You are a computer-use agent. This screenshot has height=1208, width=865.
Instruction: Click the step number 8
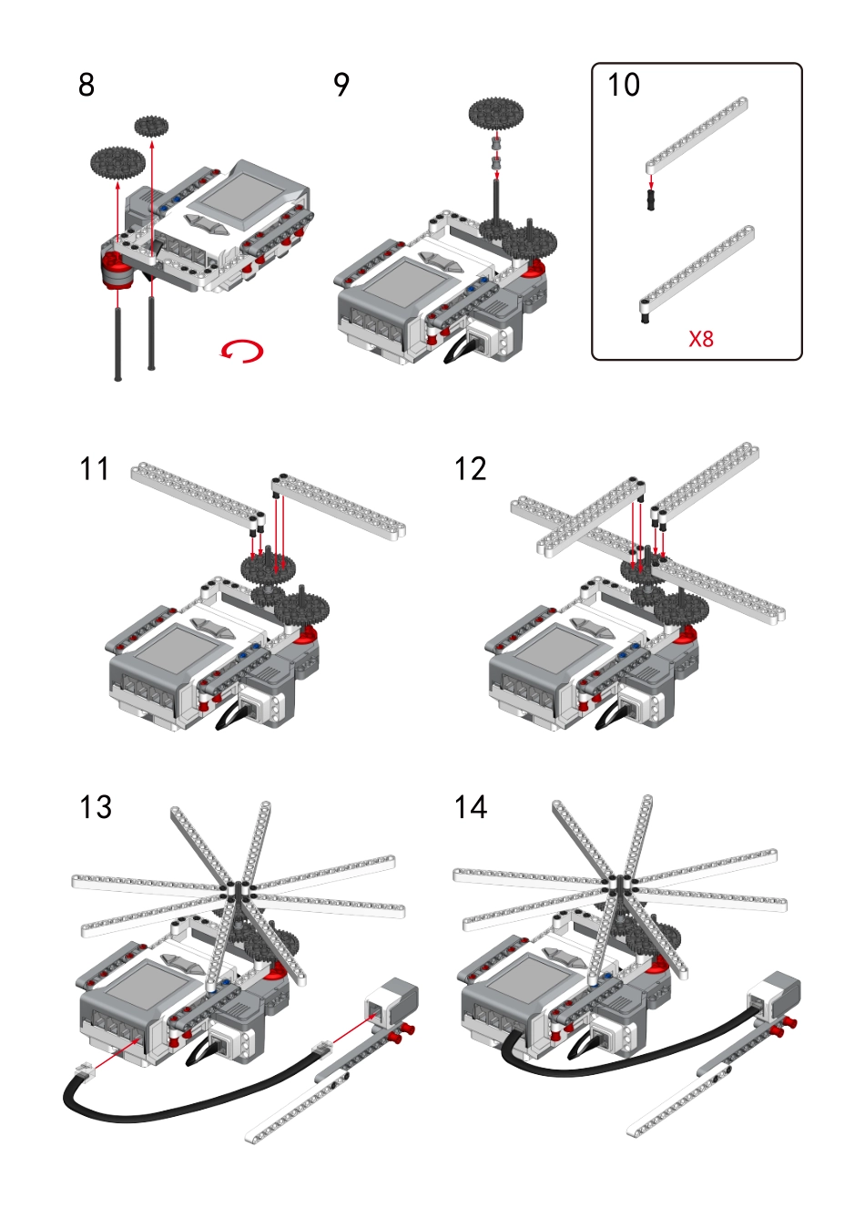pyautogui.click(x=86, y=85)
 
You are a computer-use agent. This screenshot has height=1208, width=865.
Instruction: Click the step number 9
pyautogui.click(x=341, y=85)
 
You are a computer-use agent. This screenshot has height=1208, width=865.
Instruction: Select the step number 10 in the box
pyautogui.click(x=624, y=85)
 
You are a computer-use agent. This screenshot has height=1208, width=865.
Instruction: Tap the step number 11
pyautogui.click(x=95, y=468)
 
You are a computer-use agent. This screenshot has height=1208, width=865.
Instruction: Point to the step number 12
pyautogui.click(x=471, y=468)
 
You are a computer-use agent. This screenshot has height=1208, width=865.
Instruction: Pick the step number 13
pyautogui.click(x=96, y=807)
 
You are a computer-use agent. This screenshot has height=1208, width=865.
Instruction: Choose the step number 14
pyautogui.click(x=471, y=807)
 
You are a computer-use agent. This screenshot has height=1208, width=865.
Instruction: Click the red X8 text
pyautogui.click(x=701, y=339)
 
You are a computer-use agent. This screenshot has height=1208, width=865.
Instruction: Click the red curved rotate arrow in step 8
pyautogui.click(x=242, y=351)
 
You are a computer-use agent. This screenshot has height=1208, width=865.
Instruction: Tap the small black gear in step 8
pyautogui.click(x=151, y=127)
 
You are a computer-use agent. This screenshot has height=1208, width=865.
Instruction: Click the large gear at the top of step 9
pyautogui.click(x=496, y=114)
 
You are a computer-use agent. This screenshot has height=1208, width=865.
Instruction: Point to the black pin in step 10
pyautogui.click(x=650, y=200)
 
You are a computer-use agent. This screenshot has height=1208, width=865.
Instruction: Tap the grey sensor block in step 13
pyautogui.click(x=392, y=998)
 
